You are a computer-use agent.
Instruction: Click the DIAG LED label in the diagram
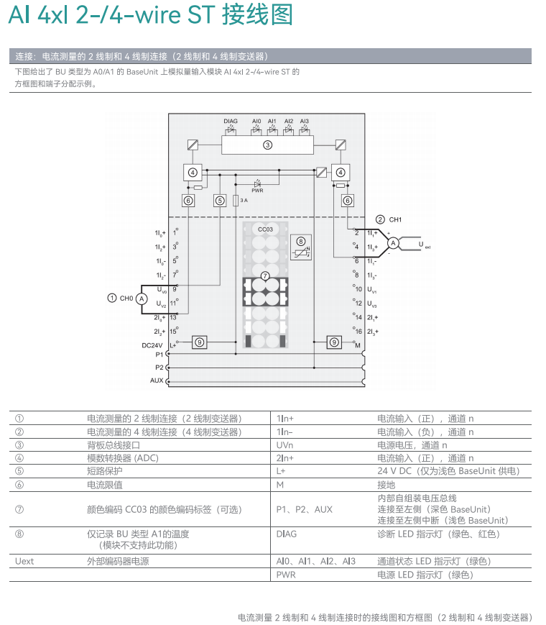(230, 122)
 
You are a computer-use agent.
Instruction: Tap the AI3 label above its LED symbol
(304, 122)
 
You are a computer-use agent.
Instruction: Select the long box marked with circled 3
(267, 145)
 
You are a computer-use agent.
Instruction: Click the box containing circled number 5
(220, 201)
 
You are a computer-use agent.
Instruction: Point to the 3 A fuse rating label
(244, 201)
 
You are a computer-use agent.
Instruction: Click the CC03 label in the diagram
(265, 229)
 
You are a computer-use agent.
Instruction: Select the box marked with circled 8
(300, 245)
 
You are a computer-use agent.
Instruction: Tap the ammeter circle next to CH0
(142, 298)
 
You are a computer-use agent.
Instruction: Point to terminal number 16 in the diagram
(358, 332)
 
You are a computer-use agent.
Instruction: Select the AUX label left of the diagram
(157, 380)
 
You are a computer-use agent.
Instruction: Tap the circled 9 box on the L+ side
(200, 342)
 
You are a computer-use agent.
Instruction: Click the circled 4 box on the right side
(341, 172)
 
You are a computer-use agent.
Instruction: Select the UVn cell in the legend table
(284, 445)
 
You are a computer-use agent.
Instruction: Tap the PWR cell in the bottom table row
(285, 575)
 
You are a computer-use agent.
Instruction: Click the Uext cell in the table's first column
(24, 561)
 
